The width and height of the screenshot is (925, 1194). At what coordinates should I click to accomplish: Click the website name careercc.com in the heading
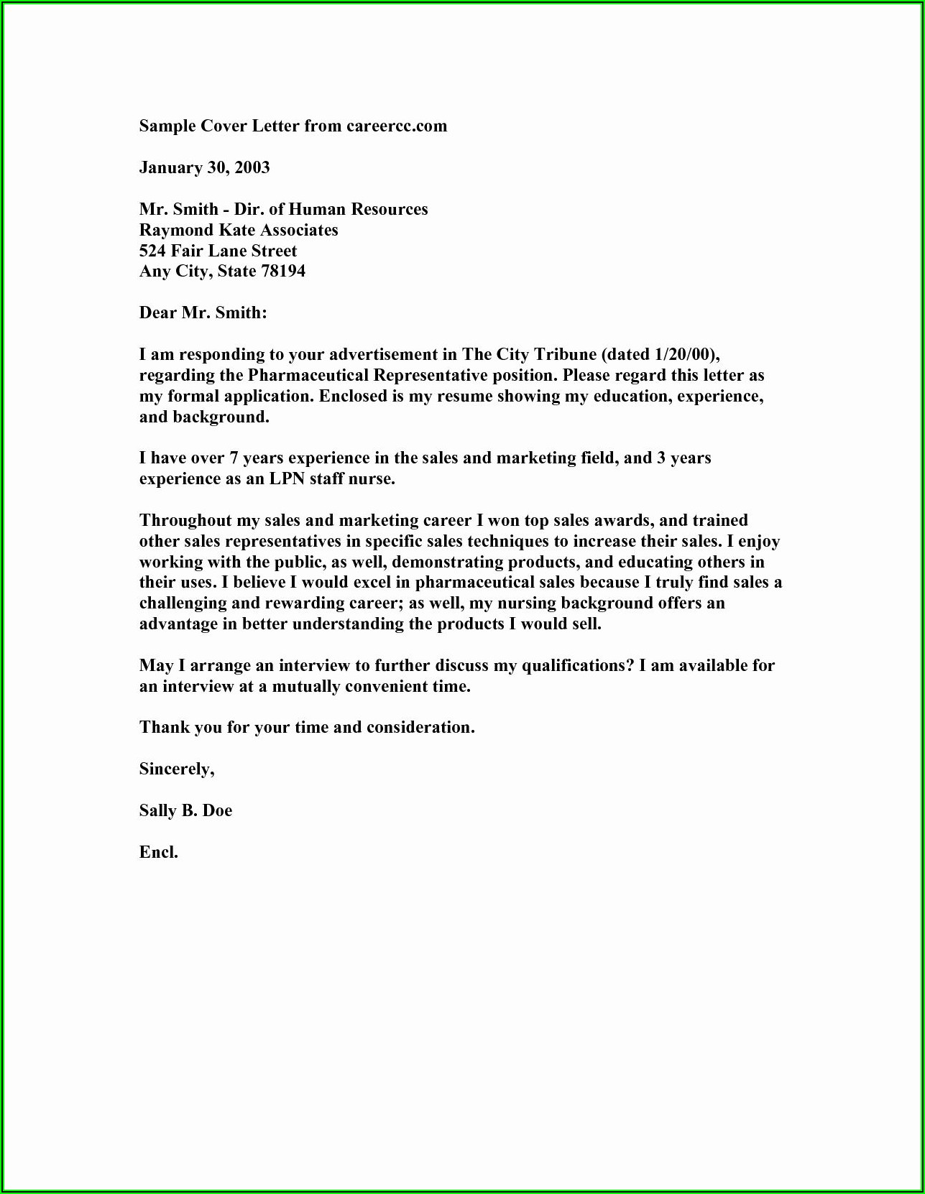click(x=397, y=126)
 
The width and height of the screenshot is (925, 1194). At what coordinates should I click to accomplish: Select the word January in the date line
click(x=170, y=168)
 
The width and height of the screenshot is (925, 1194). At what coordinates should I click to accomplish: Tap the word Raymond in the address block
click(x=171, y=231)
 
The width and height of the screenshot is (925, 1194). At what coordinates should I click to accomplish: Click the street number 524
click(x=152, y=251)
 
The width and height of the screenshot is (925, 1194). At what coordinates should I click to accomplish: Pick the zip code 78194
click(x=283, y=272)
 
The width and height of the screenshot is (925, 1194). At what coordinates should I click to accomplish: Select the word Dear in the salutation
click(x=157, y=313)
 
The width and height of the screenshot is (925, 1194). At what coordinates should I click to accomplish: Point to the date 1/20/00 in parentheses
click(x=684, y=355)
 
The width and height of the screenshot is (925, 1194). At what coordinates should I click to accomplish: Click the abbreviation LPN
click(x=287, y=479)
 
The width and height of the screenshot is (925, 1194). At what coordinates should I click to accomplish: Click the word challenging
click(x=184, y=603)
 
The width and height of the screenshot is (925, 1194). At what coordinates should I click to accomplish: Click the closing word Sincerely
click(x=176, y=769)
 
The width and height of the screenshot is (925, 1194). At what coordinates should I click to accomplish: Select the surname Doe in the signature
click(x=217, y=811)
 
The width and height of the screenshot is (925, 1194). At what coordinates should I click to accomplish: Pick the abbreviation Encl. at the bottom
click(x=158, y=853)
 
